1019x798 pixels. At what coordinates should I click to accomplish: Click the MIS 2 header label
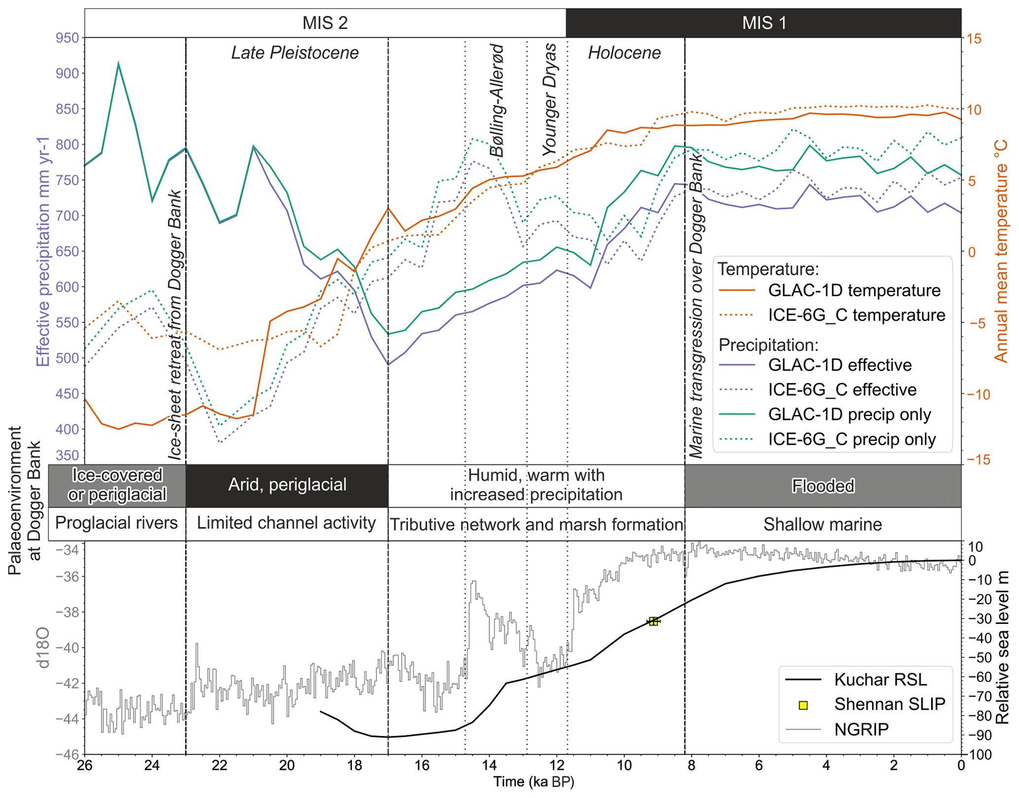(325, 23)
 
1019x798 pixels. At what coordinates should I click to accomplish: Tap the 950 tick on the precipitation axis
(67, 38)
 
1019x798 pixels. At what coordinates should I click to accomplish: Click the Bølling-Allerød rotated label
(497, 101)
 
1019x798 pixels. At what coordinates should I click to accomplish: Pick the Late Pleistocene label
(295, 53)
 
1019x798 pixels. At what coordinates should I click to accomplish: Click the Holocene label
(624, 53)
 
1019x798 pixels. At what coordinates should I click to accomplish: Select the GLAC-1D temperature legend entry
(854, 290)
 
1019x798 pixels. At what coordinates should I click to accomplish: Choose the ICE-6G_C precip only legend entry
(851, 439)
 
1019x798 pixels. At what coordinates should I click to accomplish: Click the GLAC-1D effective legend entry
(840, 365)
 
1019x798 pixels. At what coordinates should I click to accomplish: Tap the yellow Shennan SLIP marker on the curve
(653, 622)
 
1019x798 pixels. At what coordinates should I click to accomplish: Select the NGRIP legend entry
(861, 729)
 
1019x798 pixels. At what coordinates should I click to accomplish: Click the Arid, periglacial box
(287, 485)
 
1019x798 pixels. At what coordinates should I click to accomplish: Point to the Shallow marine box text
(822, 524)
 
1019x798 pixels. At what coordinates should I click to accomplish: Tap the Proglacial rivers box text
(116, 523)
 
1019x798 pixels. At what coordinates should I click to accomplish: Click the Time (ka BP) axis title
(534, 782)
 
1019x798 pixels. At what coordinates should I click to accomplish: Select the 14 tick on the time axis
(489, 765)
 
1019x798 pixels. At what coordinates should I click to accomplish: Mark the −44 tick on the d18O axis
(68, 719)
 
